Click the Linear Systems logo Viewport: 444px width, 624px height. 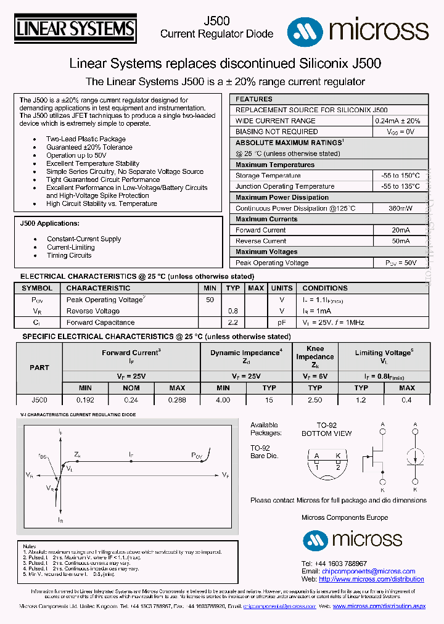75,29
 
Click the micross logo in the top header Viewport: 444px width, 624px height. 358,29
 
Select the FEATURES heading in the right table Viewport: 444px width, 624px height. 253,99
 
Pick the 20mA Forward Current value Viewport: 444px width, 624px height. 401,230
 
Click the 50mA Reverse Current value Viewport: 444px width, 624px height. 401,241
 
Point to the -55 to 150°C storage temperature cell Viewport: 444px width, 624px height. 401,176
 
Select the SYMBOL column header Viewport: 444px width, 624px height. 37,288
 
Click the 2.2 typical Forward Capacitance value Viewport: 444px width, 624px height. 232,322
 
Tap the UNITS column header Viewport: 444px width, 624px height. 282,288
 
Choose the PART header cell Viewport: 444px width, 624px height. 39,367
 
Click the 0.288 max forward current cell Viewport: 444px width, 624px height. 177,400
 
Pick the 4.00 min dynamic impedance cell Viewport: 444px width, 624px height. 223,400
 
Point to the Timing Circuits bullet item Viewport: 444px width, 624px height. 69,255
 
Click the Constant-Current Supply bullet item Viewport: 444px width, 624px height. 84,239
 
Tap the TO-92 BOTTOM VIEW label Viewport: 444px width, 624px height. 327,429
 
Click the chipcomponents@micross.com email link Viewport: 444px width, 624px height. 368,572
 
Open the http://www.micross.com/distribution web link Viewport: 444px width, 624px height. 371,580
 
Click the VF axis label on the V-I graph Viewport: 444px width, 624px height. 225,475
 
